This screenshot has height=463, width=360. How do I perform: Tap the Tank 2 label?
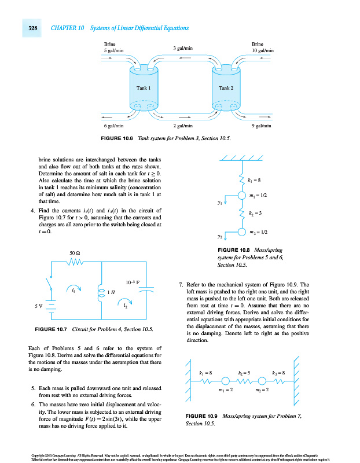(x=226, y=88)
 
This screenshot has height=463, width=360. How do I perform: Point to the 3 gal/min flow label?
(x=183, y=48)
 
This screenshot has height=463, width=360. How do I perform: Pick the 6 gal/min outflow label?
(x=112, y=126)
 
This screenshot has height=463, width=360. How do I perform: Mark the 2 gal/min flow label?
(x=183, y=126)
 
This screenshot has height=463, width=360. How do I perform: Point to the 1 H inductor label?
(x=111, y=292)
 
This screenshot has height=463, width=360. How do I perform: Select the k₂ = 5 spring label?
(x=244, y=373)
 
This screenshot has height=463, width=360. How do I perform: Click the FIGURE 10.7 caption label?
(x=53, y=329)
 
